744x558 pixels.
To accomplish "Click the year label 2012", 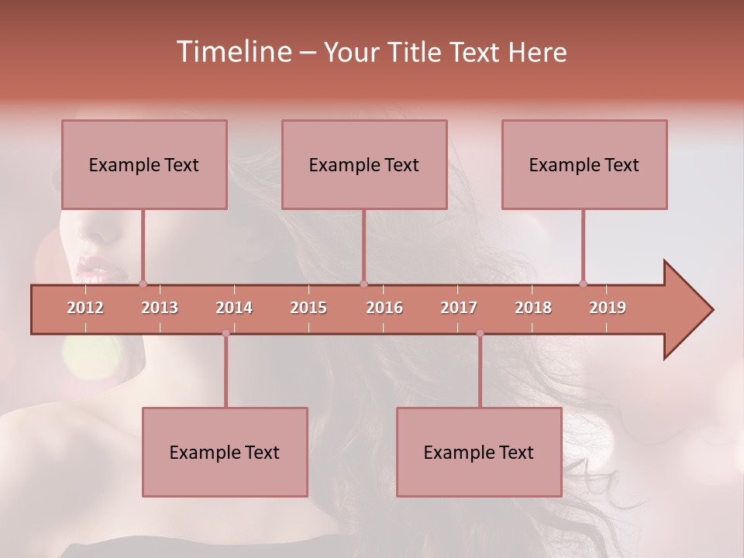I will pyautogui.click(x=85, y=308).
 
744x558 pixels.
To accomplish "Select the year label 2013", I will pyautogui.click(x=160, y=308).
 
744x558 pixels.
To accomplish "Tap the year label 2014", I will pyautogui.click(x=234, y=308).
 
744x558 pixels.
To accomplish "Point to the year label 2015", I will pyautogui.click(x=308, y=308).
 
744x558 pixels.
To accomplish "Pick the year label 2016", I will pyautogui.click(x=384, y=308).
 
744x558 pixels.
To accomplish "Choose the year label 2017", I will pyautogui.click(x=459, y=308).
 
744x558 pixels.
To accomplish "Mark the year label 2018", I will pyautogui.click(x=533, y=308).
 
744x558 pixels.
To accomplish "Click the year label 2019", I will pyautogui.click(x=608, y=308).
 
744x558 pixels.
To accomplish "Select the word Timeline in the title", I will pyautogui.click(x=232, y=52).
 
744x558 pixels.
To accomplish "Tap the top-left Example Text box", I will pyautogui.click(x=144, y=164).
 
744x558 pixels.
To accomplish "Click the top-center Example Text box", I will pyautogui.click(x=364, y=164).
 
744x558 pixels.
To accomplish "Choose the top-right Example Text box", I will pyautogui.click(x=584, y=164).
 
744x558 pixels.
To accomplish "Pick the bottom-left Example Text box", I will pyautogui.click(x=225, y=452).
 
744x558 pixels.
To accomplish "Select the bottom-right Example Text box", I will pyautogui.click(x=479, y=452).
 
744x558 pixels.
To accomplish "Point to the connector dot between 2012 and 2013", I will pyautogui.click(x=143, y=284).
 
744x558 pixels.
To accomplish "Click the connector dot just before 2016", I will pyautogui.click(x=363, y=284).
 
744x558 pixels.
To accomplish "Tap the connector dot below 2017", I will pyautogui.click(x=480, y=333).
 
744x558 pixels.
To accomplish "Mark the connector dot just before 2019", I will pyautogui.click(x=583, y=284).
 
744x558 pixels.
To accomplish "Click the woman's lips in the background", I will pyautogui.click(x=93, y=268).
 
